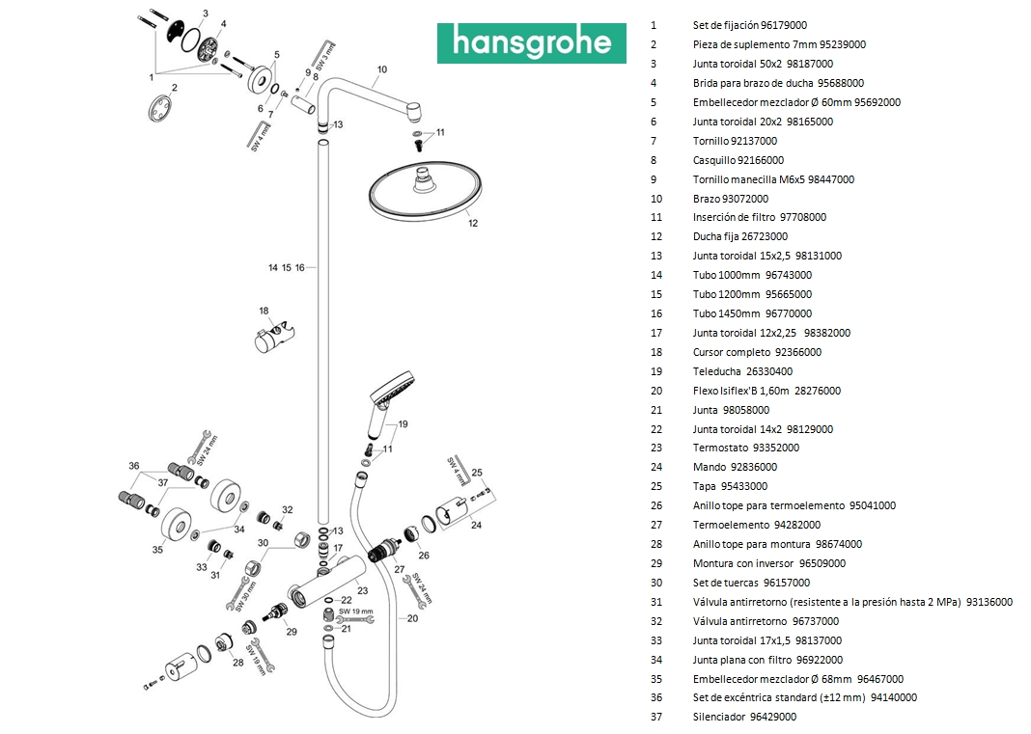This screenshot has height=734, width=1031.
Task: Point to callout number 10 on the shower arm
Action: pos(382,69)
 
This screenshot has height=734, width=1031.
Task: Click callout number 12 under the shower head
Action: pos(473,223)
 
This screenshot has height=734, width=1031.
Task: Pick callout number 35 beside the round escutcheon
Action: pos(157,549)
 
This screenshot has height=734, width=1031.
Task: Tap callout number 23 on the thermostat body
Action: pos(362,590)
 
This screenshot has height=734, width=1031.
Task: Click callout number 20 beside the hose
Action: pos(412,618)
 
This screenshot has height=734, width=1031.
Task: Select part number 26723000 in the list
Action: pos(763,236)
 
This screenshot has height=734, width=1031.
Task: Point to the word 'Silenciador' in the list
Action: pos(719,717)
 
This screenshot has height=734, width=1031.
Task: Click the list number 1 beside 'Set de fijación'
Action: pos(654,25)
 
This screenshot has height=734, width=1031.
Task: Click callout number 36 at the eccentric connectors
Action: pos(134,466)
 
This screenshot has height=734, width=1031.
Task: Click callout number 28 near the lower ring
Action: pos(238,662)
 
